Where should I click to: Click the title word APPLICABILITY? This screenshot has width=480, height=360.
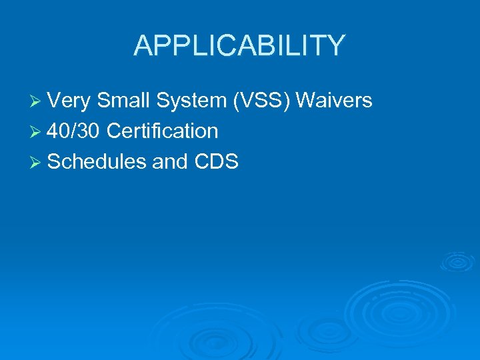click(x=239, y=46)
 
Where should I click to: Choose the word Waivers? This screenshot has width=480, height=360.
click(x=334, y=101)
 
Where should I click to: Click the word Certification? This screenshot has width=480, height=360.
click(x=162, y=131)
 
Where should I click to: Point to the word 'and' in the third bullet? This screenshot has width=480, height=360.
click(x=169, y=162)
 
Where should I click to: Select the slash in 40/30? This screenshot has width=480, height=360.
click(x=75, y=131)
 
